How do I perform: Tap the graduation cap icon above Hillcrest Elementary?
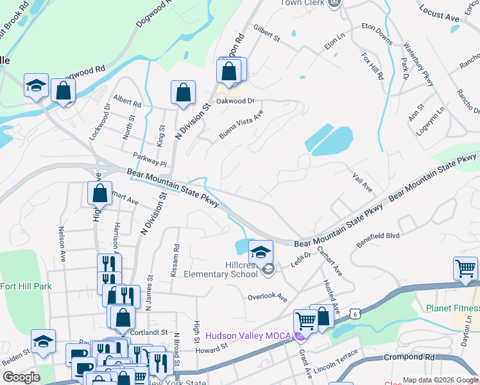coord(261,252)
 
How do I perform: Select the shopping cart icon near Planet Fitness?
coord(465,268)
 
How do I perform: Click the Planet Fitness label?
coord(452,308)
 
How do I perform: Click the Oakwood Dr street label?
coord(236,101)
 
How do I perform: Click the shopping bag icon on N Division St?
coord(183,92)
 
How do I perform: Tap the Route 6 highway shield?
coord(354,312)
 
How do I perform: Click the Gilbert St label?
coord(267,33)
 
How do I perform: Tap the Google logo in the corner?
coord(21,377)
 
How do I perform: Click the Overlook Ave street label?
coord(267,296)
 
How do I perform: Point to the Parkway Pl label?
coord(150,157)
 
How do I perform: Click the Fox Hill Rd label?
coord(373,66)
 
